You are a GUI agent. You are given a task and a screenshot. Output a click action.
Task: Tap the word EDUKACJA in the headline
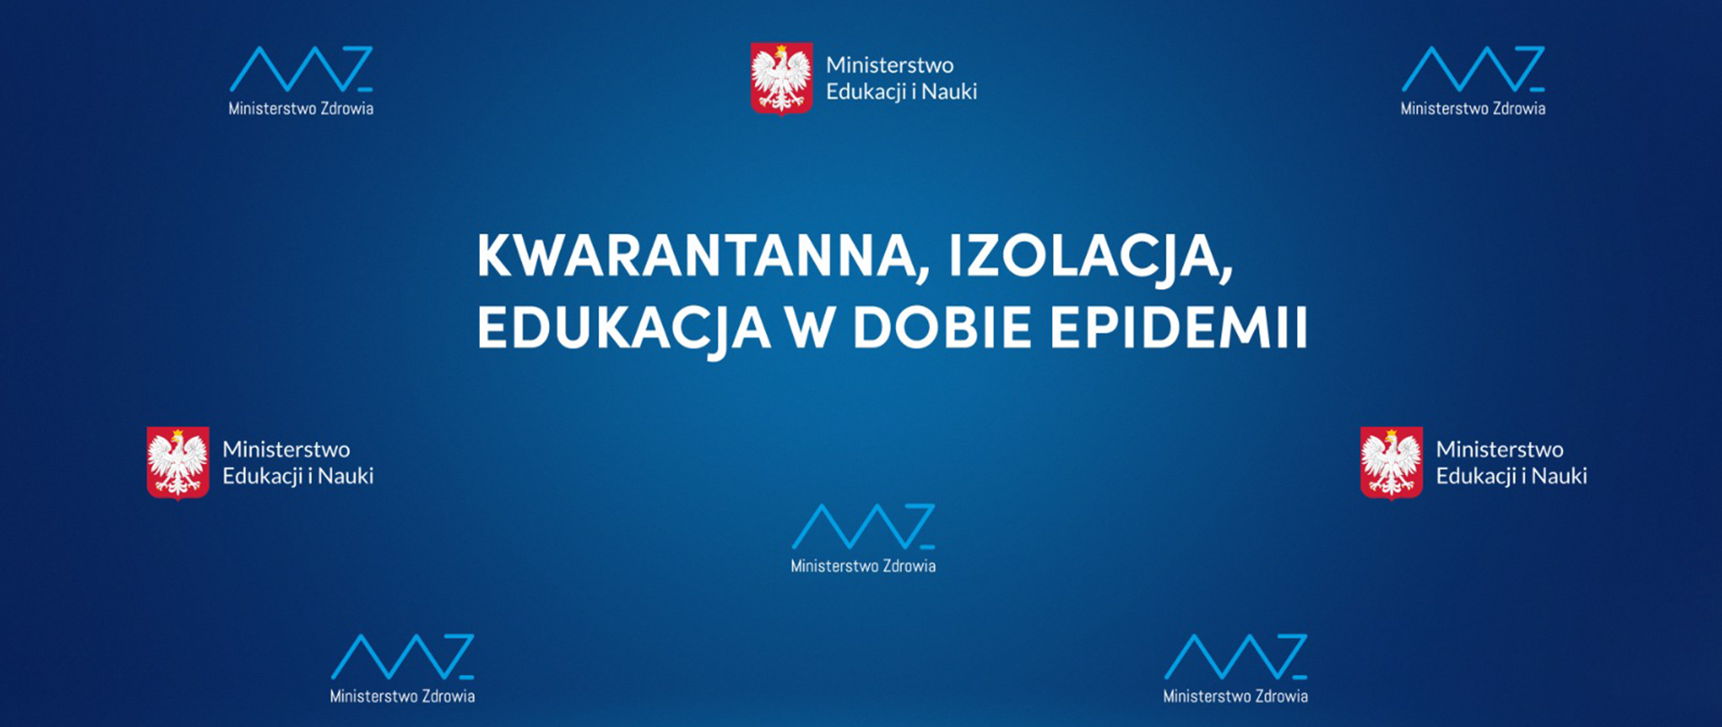[x=623, y=329]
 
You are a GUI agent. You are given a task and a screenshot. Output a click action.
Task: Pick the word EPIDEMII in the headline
[x=1178, y=328]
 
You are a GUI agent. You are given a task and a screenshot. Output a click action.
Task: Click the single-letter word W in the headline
[x=811, y=328]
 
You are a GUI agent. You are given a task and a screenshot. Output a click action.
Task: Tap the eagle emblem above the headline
[x=782, y=79]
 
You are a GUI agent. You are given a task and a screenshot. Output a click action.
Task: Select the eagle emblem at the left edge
[x=178, y=463]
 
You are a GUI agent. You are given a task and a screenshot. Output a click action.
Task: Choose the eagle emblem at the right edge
[x=1391, y=463]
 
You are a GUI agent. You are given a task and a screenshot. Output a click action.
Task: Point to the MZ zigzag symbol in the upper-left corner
[x=301, y=68]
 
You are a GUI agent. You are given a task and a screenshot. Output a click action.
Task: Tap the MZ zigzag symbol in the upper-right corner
[x=1474, y=68]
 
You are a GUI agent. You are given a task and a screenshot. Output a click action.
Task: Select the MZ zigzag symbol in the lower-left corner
[x=403, y=656]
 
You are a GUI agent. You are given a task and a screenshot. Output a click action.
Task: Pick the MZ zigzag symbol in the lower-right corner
[x=1236, y=656]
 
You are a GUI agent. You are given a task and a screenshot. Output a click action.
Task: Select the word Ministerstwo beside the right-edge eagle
[x=1500, y=450]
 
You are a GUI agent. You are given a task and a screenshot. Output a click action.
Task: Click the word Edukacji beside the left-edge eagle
[x=262, y=477]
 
